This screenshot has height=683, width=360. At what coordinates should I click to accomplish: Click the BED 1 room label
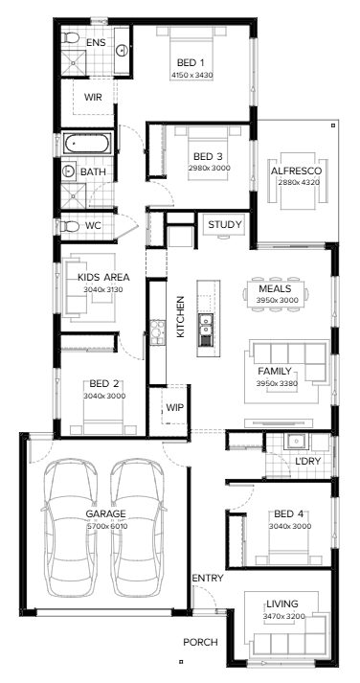(x=191, y=63)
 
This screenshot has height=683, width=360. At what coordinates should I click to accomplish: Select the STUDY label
(x=225, y=225)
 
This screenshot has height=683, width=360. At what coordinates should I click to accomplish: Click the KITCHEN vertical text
(x=179, y=317)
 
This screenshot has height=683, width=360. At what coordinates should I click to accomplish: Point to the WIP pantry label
(x=174, y=407)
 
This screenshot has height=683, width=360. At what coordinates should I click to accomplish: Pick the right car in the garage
(x=135, y=522)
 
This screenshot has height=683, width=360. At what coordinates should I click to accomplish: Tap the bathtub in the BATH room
(x=88, y=144)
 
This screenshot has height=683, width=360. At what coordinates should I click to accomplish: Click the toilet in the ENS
(x=71, y=39)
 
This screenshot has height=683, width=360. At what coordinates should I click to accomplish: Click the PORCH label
(x=201, y=642)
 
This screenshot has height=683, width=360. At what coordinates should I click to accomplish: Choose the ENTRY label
(x=207, y=579)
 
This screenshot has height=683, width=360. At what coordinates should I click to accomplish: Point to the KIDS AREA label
(x=103, y=278)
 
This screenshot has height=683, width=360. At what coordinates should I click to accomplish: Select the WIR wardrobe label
(x=94, y=97)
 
